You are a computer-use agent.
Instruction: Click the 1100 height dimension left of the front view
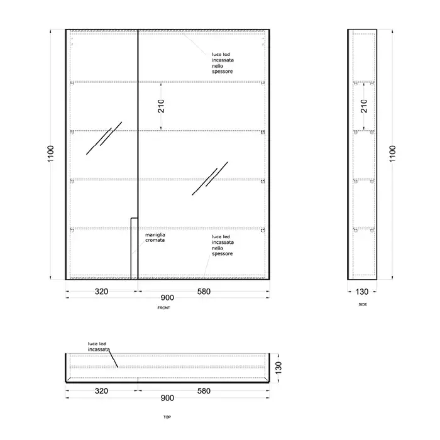pos(50,153)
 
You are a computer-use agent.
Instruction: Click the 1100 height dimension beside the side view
pos(392,153)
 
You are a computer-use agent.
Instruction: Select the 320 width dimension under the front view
pos(101,292)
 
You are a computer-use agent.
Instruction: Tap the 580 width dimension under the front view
pos(204,292)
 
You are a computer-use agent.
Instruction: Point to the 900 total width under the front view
pos(167,298)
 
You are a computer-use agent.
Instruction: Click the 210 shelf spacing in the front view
pos(161,106)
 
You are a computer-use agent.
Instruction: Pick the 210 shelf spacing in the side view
pos(364,106)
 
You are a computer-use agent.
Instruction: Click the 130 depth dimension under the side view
pos(361,292)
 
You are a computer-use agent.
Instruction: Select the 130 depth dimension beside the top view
pos(278,368)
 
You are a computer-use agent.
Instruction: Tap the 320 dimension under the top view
pos(101,391)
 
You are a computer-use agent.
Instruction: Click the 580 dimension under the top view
pos(204,391)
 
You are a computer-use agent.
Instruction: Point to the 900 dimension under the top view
pos(167,398)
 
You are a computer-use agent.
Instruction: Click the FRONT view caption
pos(163,308)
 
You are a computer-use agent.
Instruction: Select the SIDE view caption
pos(363,304)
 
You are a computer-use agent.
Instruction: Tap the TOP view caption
pos(167,417)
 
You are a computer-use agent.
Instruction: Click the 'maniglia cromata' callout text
pos(155,238)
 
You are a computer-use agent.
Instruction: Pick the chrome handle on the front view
pos(134,248)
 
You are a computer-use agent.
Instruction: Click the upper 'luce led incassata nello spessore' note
pos(223,63)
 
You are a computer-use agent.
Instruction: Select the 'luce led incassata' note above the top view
pos(99,346)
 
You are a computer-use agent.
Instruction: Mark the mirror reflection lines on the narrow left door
pos(104,138)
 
